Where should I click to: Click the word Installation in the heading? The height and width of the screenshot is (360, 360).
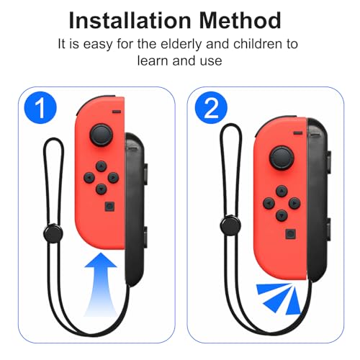click(x=130, y=21)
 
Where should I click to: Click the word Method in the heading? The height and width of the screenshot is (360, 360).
click(x=240, y=21)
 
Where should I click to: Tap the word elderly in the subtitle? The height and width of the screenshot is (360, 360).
click(x=181, y=45)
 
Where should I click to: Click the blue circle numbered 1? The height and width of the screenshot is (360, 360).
click(x=40, y=108)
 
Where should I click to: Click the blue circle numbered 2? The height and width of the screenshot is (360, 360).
click(x=211, y=108)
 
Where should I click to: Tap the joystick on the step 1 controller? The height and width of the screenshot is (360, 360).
click(x=102, y=135)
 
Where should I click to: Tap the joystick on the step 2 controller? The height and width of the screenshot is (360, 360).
click(x=282, y=158)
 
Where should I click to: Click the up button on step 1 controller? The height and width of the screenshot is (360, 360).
click(x=102, y=166)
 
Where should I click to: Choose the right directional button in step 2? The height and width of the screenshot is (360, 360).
click(x=294, y=203)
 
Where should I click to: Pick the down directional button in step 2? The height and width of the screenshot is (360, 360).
click(x=282, y=215)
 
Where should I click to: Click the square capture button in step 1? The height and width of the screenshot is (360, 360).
click(x=109, y=207)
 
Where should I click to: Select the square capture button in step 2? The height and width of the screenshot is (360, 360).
click(x=291, y=233)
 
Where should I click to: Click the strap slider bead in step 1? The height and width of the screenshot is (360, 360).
click(x=53, y=233)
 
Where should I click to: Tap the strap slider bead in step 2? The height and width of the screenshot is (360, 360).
click(x=230, y=225)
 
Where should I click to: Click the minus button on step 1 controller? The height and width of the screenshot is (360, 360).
click(x=117, y=112)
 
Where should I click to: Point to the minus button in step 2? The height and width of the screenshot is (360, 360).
click(x=298, y=133)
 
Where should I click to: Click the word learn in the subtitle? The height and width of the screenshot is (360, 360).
click(x=152, y=60)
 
